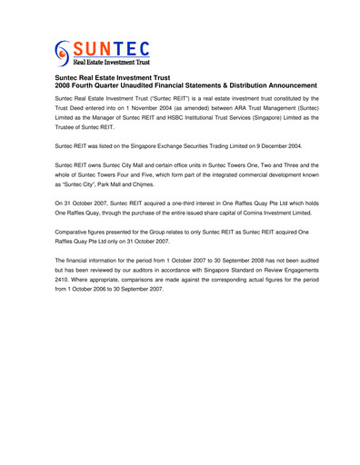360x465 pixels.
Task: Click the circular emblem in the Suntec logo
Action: click(x=62, y=53)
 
